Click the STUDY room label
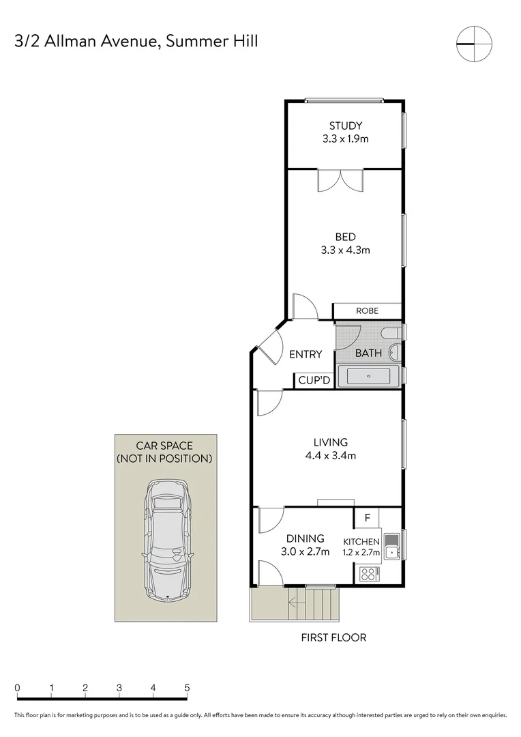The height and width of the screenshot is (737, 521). [x=345, y=126]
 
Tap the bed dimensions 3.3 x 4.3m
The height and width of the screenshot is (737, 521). [x=345, y=250]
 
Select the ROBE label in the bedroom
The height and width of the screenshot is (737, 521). [x=367, y=310]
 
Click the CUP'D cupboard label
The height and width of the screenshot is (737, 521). [x=314, y=380]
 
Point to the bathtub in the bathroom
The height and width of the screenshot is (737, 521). [x=368, y=376]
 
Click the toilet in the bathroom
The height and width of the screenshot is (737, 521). [x=391, y=333]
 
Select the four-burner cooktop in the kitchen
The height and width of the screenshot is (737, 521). [x=369, y=573]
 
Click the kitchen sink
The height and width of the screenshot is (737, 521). [x=391, y=546]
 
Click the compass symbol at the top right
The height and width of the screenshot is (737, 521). [x=474, y=44]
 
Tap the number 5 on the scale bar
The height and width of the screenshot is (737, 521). [x=187, y=688]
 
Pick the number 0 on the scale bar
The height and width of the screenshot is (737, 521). [x=17, y=688]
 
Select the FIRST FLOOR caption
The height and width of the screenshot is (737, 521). [x=333, y=637]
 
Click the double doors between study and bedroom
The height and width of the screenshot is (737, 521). [x=340, y=180]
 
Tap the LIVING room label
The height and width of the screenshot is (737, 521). [x=331, y=442]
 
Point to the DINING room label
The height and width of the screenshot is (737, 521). [x=306, y=538]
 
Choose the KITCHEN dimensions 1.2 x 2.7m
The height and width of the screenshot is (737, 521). [x=361, y=552]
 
